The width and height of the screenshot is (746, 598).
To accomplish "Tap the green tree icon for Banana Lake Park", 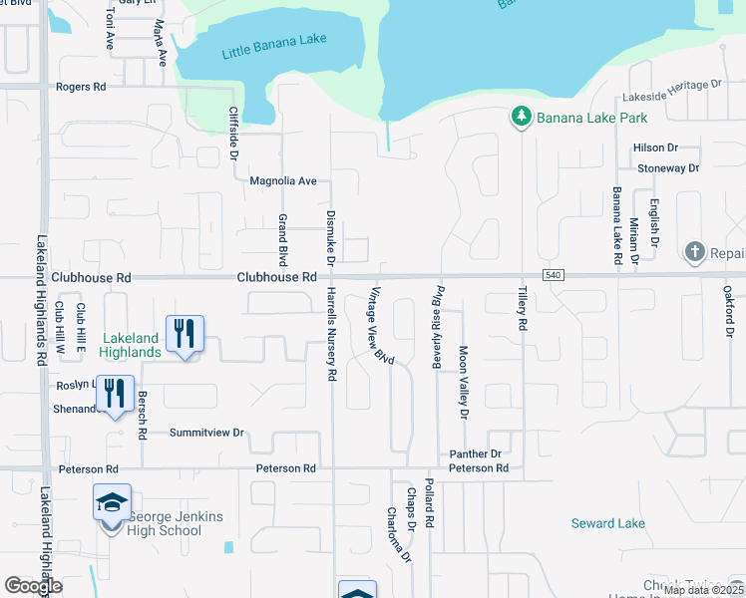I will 521,118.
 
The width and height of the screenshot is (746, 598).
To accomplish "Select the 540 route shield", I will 554,275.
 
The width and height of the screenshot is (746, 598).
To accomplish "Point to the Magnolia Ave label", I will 282,181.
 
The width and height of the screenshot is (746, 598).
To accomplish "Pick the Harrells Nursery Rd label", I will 332,334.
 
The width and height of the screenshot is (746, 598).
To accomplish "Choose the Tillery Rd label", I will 522,308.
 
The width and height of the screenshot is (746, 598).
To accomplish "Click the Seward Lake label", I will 608,523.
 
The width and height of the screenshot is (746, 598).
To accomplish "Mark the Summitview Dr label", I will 206,433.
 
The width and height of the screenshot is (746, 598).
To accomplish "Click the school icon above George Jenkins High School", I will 113,501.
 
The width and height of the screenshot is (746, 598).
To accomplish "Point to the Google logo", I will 33,586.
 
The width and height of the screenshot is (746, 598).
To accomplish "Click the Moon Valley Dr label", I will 463,381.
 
